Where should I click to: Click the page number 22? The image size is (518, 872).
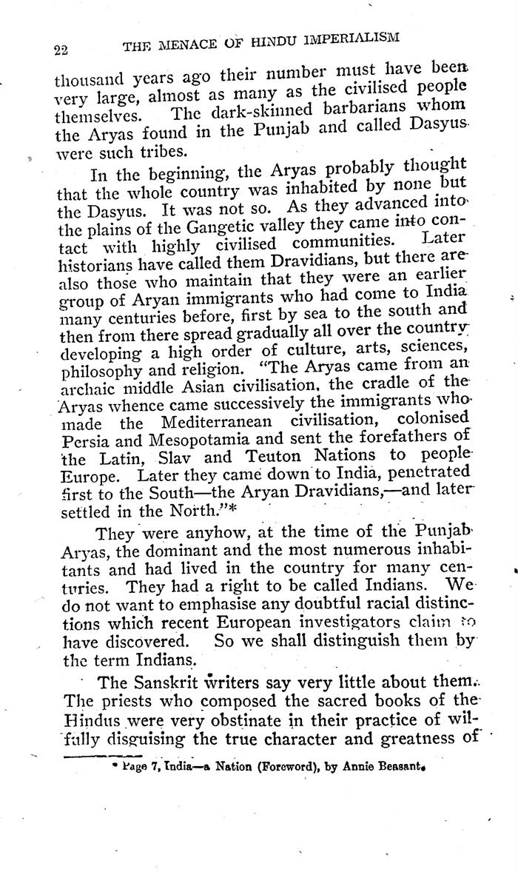tap(61, 50)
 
